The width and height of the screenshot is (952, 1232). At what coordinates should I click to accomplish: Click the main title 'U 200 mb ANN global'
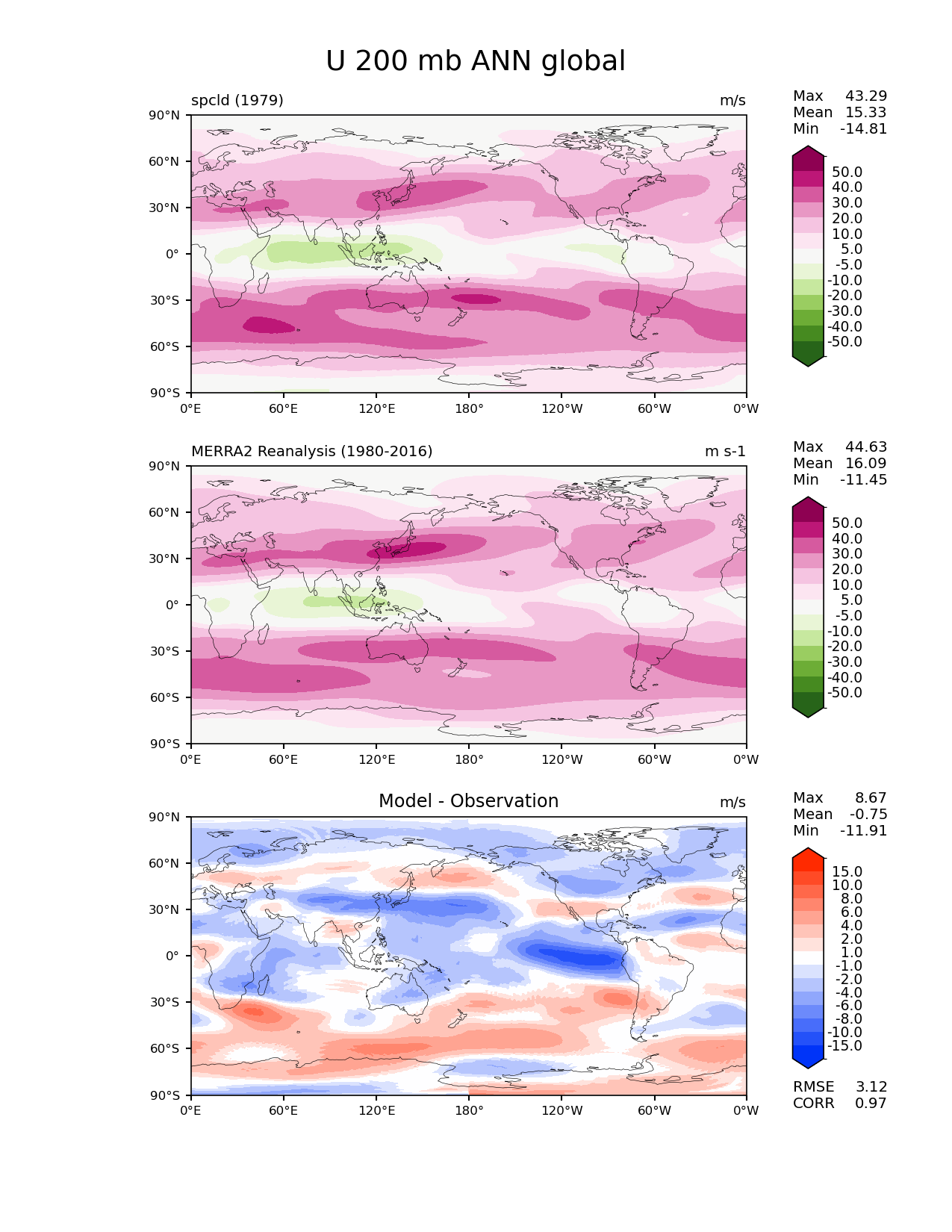click(x=476, y=61)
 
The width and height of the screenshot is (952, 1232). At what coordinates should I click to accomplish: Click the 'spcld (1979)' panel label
click(x=237, y=100)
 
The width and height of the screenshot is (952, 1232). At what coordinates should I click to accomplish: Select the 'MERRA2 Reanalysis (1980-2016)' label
click(x=311, y=451)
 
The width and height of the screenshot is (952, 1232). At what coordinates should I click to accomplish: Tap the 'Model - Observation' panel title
click(x=468, y=801)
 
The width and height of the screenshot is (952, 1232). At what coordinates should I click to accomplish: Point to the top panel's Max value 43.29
click(x=866, y=96)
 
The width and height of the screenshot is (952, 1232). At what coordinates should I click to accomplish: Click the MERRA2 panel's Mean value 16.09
click(x=866, y=463)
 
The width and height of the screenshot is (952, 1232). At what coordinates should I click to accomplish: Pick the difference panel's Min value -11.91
click(x=864, y=830)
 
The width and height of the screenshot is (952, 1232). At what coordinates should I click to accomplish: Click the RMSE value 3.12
click(x=871, y=1086)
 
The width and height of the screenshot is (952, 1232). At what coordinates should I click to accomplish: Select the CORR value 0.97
click(x=871, y=1103)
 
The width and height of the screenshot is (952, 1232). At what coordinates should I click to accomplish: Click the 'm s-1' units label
click(x=725, y=451)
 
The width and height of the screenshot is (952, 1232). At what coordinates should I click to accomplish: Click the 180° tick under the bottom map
click(x=469, y=1110)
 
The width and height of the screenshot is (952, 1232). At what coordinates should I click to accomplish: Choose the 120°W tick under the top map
click(x=561, y=408)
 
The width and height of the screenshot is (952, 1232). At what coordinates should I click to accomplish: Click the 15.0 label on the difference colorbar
click(x=847, y=871)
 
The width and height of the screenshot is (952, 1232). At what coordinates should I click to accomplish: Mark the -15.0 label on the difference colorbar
click(x=844, y=1045)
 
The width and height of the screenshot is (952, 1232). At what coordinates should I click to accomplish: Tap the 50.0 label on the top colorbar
click(x=847, y=172)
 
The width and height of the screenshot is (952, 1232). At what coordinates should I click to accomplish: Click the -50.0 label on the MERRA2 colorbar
click(x=844, y=692)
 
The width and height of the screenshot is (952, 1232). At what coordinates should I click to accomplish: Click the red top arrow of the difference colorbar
click(x=808, y=856)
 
